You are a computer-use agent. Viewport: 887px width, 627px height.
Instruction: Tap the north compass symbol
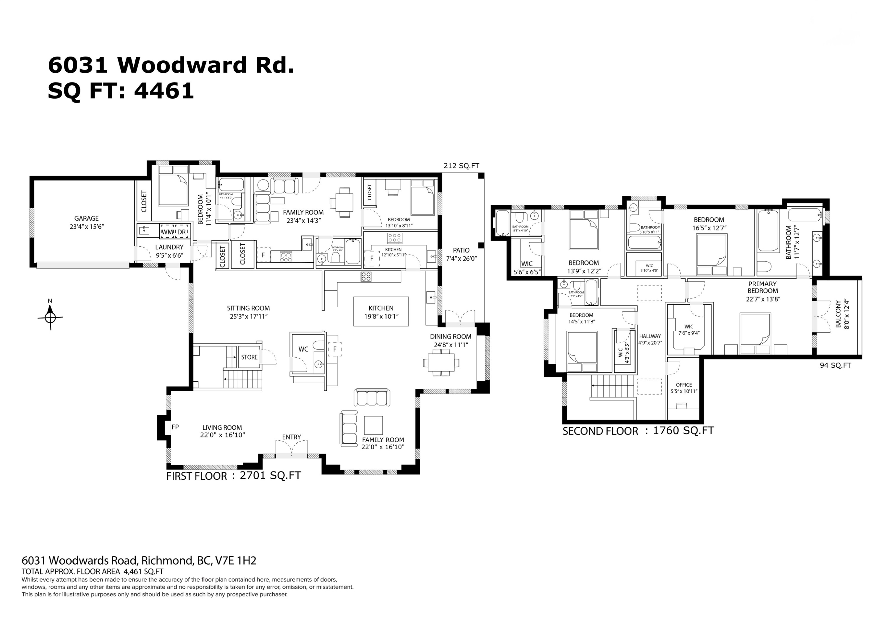pyautogui.click(x=50, y=316)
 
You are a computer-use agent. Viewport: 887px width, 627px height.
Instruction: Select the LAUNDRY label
pyautogui.click(x=169, y=247)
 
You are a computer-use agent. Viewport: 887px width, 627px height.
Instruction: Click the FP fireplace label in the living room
pyautogui.click(x=175, y=427)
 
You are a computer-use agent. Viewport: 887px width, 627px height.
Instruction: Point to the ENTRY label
pyautogui.click(x=291, y=437)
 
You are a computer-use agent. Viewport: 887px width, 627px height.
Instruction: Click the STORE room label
pyautogui.click(x=249, y=357)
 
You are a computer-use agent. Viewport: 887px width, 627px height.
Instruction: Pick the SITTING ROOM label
pyautogui.click(x=248, y=308)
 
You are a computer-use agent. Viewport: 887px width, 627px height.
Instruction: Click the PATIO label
pyautogui.click(x=461, y=250)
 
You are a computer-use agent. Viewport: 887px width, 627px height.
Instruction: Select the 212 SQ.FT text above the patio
pyautogui.click(x=461, y=166)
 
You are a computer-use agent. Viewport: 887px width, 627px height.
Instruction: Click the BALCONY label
pyautogui.click(x=838, y=314)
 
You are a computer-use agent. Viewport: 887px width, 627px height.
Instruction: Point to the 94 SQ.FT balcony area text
pyautogui.click(x=835, y=365)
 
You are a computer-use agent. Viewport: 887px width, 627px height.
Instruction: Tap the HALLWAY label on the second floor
pyautogui.click(x=650, y=336)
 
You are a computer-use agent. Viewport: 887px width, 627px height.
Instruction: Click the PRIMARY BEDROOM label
pyautogui.click(x=762, y=287)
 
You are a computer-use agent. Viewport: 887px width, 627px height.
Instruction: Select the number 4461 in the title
pyautogui.click(x=164, y=91)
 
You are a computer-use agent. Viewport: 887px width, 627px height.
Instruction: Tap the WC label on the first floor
pyautogui.click(x=303, y=349)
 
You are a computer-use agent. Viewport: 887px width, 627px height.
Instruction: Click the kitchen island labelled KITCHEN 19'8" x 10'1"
pyautogui.click(x=381, y=311)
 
